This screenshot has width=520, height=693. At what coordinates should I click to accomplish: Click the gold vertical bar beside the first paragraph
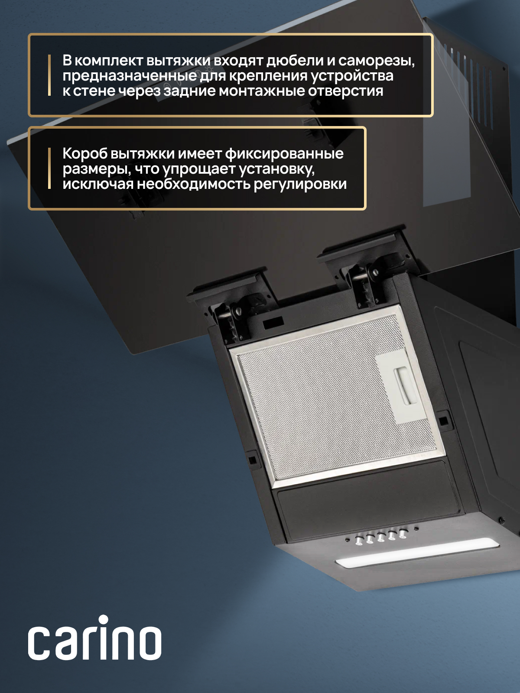pos(49,75)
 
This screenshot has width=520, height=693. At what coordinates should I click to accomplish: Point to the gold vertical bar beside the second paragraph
pos(49,168)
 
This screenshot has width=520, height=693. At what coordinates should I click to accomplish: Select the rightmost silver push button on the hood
pos(402,533)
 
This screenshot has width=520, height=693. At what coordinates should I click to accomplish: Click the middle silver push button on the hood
pos(380,537)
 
